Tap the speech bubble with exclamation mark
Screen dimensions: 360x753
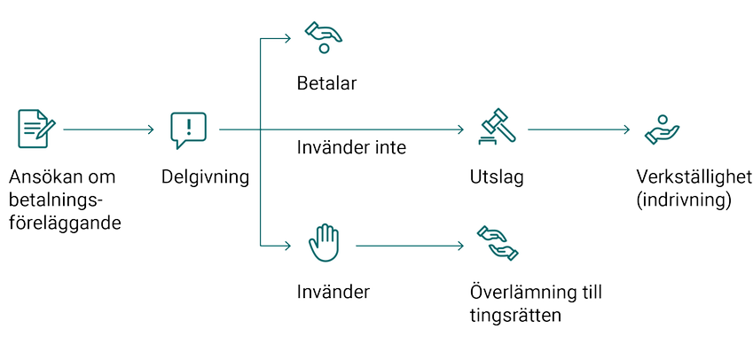(x=188, y=129)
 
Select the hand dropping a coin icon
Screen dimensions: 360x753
(x=324, y=37)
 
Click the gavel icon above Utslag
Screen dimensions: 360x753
(x=496, y=126)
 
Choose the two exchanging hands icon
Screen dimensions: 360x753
(x=497, y=242)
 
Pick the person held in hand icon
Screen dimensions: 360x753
(x=662, y=129)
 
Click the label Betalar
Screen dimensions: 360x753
(x=326, y=84)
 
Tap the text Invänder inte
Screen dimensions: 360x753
(x=351, y=147)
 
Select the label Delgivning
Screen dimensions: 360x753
(x=205, y=176)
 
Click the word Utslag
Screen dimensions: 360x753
(x=497, y=176)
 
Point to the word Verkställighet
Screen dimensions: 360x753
(x=694, y=176)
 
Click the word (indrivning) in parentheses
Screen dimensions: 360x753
(x=683, y=200)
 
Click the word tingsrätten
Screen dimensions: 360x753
(x=515, y=315)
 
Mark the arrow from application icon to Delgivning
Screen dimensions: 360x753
(x=109, y=129)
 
